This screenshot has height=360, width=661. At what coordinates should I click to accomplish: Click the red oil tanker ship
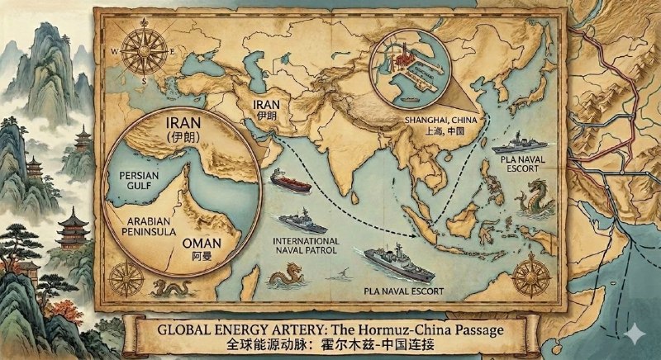(289, 179)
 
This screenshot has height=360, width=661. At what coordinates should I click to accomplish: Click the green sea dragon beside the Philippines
(532, 197)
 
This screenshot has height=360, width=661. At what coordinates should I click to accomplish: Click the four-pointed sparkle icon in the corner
(634, 332)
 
